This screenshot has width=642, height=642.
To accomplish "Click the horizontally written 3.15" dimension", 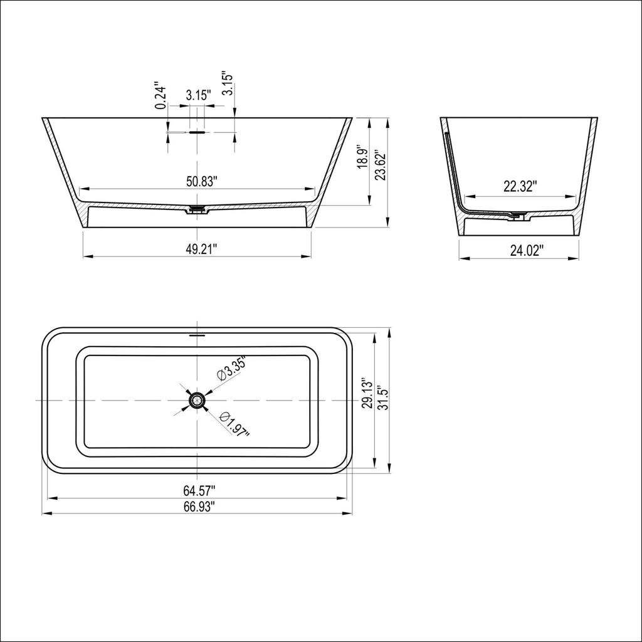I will pyautogui.click(x=198, y=95).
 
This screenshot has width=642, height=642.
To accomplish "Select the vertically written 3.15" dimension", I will pyautogui.click(x=228, y=84).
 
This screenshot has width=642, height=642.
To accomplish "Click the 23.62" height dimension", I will pyautogui.click(x=379, y=165).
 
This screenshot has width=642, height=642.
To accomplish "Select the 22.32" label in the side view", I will pyautogui.click(x=520, y=186).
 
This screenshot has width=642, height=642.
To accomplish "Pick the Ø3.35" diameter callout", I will pyautogui.click(x=230, y=369).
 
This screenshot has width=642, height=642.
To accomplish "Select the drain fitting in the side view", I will pyautogui.click(x=518, y=216).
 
